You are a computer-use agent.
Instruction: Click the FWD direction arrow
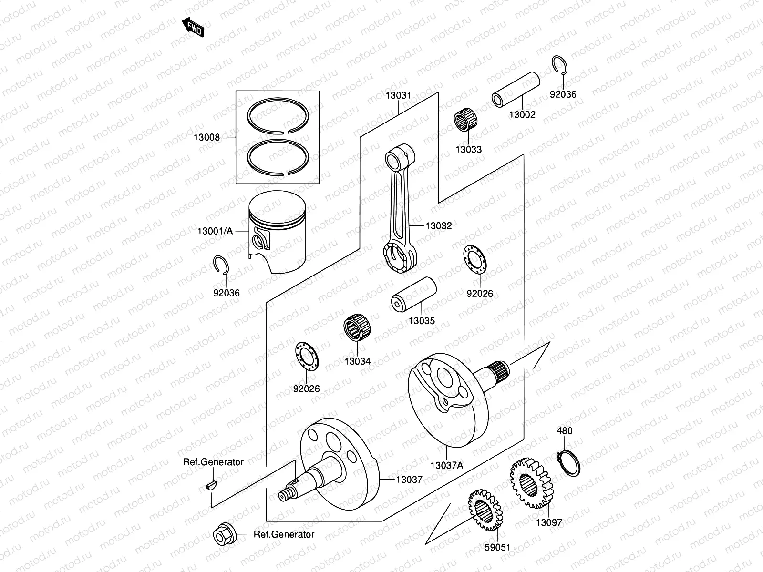[193, 27]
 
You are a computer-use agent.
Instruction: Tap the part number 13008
[206, 137]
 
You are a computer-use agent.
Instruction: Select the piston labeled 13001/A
[277, 232]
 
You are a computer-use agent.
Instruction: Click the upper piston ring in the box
[278, 115]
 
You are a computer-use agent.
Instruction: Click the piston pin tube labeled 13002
[516, 89]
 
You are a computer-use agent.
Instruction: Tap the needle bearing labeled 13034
[357, 327]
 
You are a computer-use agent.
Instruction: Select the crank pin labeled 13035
[413, 294]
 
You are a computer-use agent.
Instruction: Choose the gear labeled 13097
[531, 483]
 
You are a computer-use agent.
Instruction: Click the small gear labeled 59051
[485, 510]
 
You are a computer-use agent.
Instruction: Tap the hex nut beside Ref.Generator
[225, 534]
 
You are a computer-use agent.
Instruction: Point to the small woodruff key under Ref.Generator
[211, 485]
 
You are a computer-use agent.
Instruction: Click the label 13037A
[447, 465]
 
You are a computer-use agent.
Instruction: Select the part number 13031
[398, 95]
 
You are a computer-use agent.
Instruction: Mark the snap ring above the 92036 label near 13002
[560, 65]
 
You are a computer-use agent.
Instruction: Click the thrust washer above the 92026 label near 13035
[475, 259]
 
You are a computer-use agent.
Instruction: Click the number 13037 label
[409, 480]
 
